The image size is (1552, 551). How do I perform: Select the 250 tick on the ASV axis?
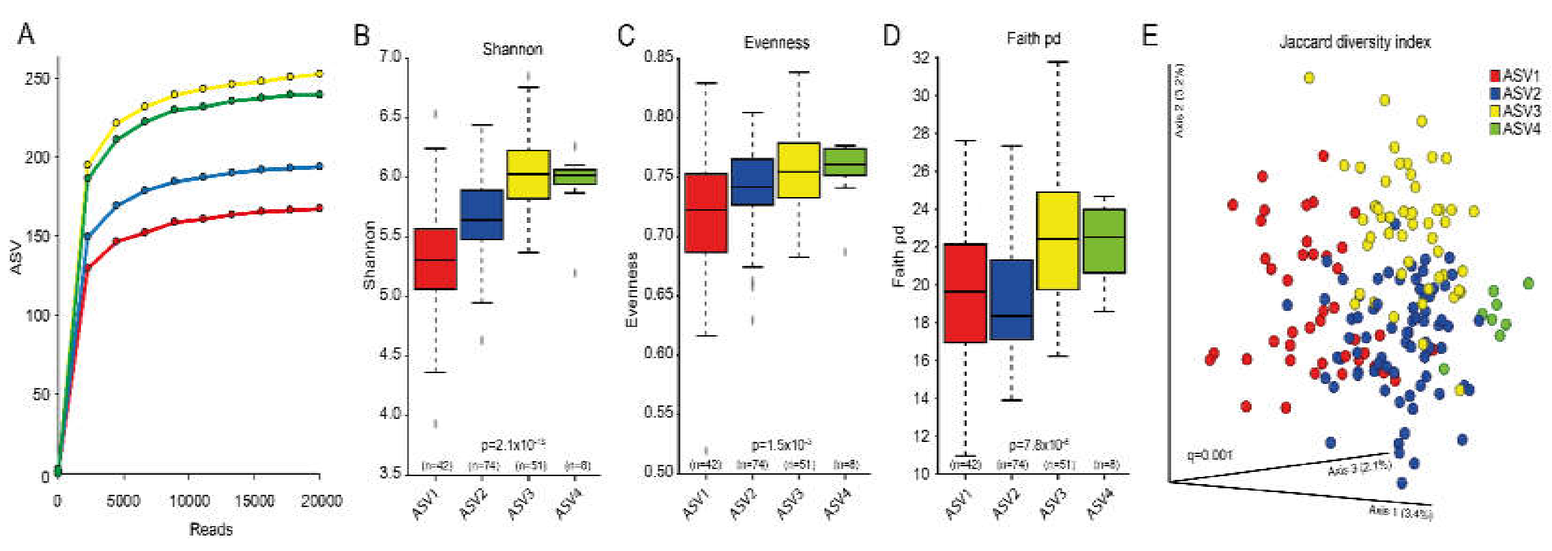[x=37, y=79]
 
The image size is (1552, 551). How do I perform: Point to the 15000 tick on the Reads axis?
[x=254, y=501]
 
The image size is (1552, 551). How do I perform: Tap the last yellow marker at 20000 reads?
[x=319, y=73]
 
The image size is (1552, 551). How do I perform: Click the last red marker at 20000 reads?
[x=319, y=208]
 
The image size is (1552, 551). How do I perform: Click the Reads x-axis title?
[x=211, y=529]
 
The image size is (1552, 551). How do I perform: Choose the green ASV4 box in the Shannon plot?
[x=576, y=176]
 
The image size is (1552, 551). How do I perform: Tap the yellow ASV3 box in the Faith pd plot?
[x=1058, y=241]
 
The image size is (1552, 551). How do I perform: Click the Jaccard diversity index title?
[x=1355, y=42]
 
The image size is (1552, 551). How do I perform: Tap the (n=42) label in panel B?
[x=437, y=465]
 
